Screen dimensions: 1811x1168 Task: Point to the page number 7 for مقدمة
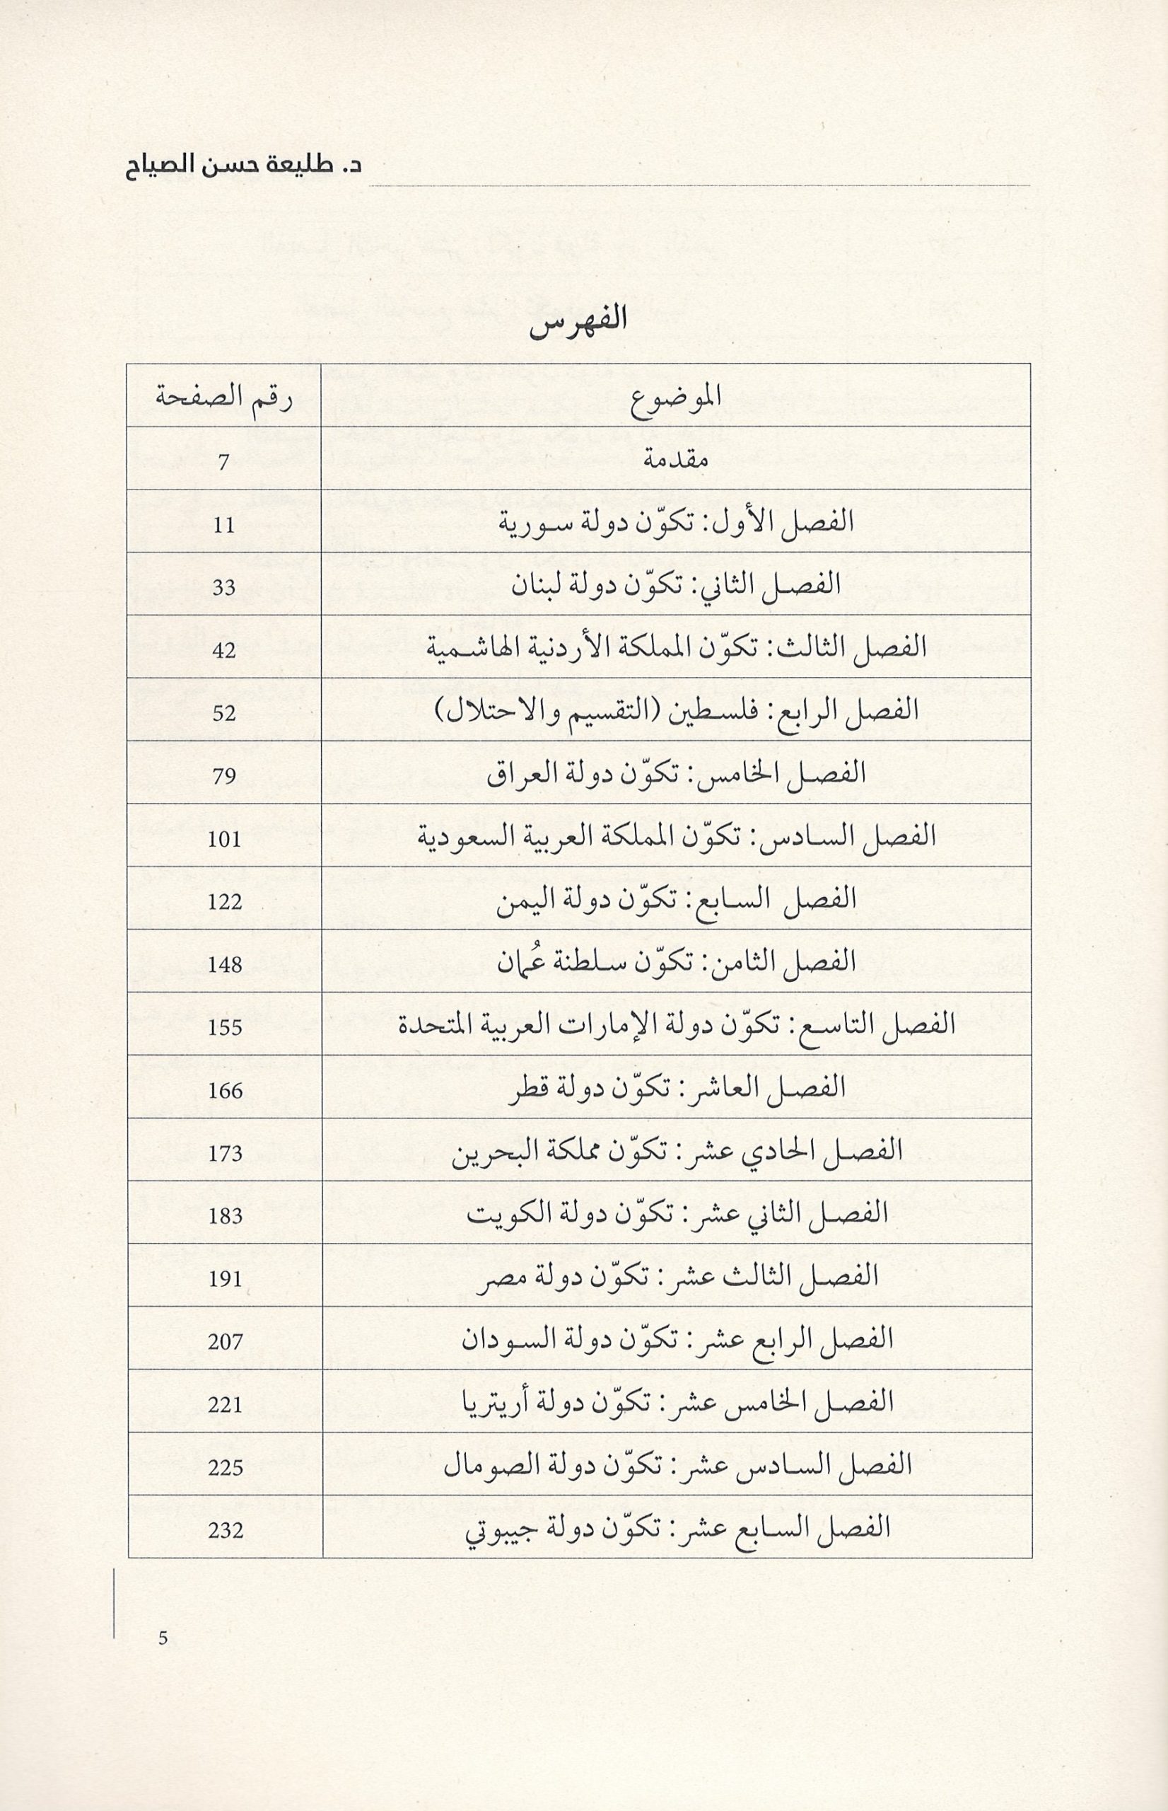223,462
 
